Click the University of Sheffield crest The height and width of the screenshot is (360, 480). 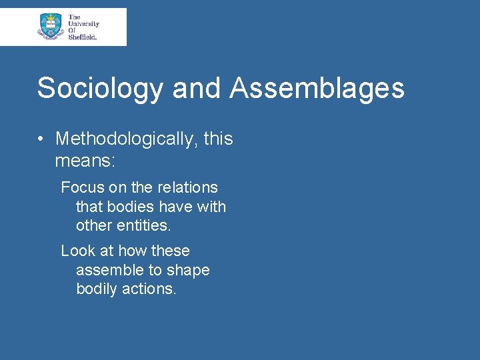51,27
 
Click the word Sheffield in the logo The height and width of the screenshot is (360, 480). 83,37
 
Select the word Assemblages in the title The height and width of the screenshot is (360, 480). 317,88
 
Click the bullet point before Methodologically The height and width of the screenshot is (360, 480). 41,139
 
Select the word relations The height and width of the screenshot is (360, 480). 187,187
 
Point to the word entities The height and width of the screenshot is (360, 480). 143,226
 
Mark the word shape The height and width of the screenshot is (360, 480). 189,270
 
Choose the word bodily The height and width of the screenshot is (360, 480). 99,289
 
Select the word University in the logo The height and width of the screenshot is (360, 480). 83,23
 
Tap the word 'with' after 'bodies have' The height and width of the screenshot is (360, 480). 211,207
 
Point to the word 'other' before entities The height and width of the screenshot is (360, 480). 94,226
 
